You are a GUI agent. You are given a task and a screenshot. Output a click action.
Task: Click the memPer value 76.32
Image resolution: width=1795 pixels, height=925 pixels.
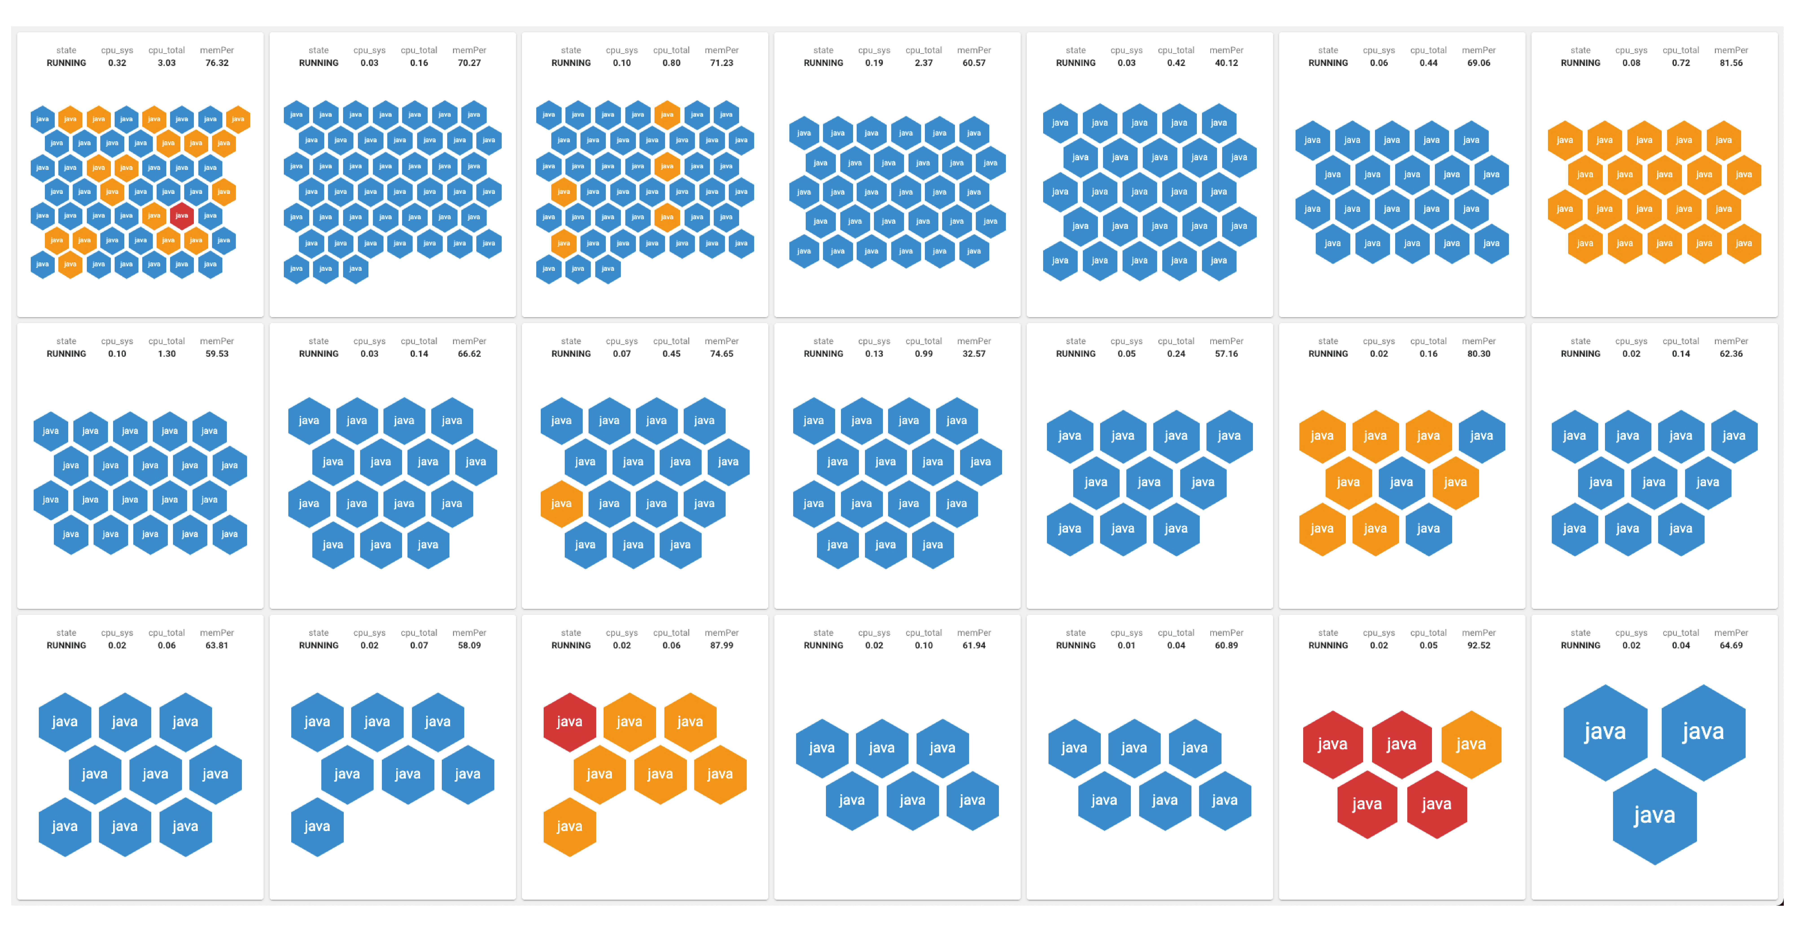pyautogui.click(x=217, y=63)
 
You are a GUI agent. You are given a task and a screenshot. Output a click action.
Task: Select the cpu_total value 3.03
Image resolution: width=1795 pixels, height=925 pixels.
pyautogui.click(x=166, y=63)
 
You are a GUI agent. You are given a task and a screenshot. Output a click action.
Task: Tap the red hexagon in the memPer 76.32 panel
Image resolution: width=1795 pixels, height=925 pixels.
pyautogui.click(x=182, y=216)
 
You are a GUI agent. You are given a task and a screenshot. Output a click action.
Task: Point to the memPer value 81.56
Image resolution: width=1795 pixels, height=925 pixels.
pyautogui.click(x=1731, y=63)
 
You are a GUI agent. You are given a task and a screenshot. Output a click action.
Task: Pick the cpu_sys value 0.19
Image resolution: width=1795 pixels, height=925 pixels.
pyautogui.click(x=874, y=63)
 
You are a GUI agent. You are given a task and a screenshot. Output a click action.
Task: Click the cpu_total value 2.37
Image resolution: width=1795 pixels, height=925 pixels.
pyautogui.click(x=923, y=63)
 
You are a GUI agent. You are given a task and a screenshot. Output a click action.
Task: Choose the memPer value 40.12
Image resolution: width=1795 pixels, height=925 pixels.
pyautogui.click(x=1226, y=63)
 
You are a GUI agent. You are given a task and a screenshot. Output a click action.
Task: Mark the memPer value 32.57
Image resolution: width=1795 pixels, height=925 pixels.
pyautogui.click(x=974, y=354)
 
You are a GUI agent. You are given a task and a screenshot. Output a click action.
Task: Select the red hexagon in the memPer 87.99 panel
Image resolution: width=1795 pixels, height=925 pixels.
pyautogui.click(x=569, y=722)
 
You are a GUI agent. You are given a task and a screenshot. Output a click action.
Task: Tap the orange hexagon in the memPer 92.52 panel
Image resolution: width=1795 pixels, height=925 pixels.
pyautogui.click(x=1470, y=744)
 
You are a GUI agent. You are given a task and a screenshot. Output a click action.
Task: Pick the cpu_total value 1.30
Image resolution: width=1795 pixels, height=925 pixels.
pyautogui.click(x=166, y=354)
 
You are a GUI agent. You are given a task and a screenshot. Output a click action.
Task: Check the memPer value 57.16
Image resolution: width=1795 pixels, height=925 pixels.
pyautogui.click(x=1226, y=354)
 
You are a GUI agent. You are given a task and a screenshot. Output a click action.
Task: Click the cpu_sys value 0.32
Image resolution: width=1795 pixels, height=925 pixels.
pyautogui.click(x=117, y=63)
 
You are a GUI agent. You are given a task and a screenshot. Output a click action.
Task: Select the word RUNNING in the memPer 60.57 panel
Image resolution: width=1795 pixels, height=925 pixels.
pyautogui.click(x=823, y=63)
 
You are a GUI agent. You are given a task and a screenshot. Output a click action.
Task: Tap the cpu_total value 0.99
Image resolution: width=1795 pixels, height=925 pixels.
pyautogui.click(x=923, y=354)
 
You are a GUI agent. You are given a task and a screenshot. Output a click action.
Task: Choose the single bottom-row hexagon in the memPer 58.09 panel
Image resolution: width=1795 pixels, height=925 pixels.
pyautogui.click(x=317, y=826)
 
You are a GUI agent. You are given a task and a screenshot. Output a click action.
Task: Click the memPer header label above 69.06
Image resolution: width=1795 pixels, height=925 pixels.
pyautogui.click(x=1479, y=50)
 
